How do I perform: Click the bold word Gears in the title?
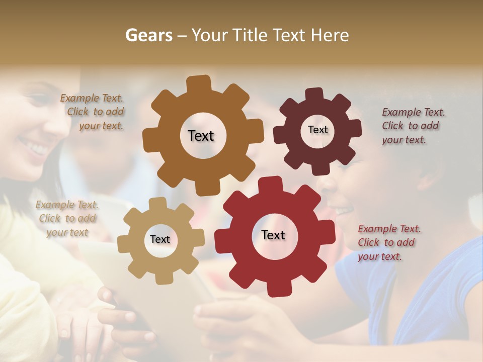tap(148, 35)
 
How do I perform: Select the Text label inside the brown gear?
tap(201, 136)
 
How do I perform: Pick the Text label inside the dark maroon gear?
tap(317, 130)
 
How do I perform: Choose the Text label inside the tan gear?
tap(159, 239)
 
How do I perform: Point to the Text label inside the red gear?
tap(273, 235)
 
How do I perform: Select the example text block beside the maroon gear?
tap(413, 126)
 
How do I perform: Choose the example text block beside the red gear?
tap(388, 242)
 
